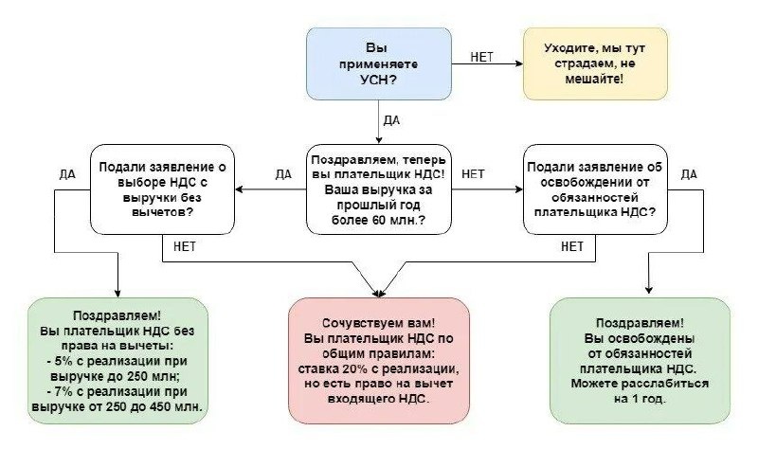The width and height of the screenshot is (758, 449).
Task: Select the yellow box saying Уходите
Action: (x=596, y=63)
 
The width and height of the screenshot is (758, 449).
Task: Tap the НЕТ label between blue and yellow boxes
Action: (x=481, y=56)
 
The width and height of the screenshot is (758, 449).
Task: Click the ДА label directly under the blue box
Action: (x=390, y=120)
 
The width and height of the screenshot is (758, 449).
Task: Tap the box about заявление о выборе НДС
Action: (x=163, y=189)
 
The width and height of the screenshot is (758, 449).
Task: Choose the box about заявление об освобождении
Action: (x=596, y=189)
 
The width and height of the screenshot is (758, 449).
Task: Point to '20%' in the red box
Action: (x=357, y=368)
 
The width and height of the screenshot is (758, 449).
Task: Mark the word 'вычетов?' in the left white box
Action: (x=163, y=212)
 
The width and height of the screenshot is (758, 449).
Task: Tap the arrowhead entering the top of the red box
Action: (x=379, y=292)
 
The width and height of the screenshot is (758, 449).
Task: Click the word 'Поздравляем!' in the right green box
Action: (x=640, y=323)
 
